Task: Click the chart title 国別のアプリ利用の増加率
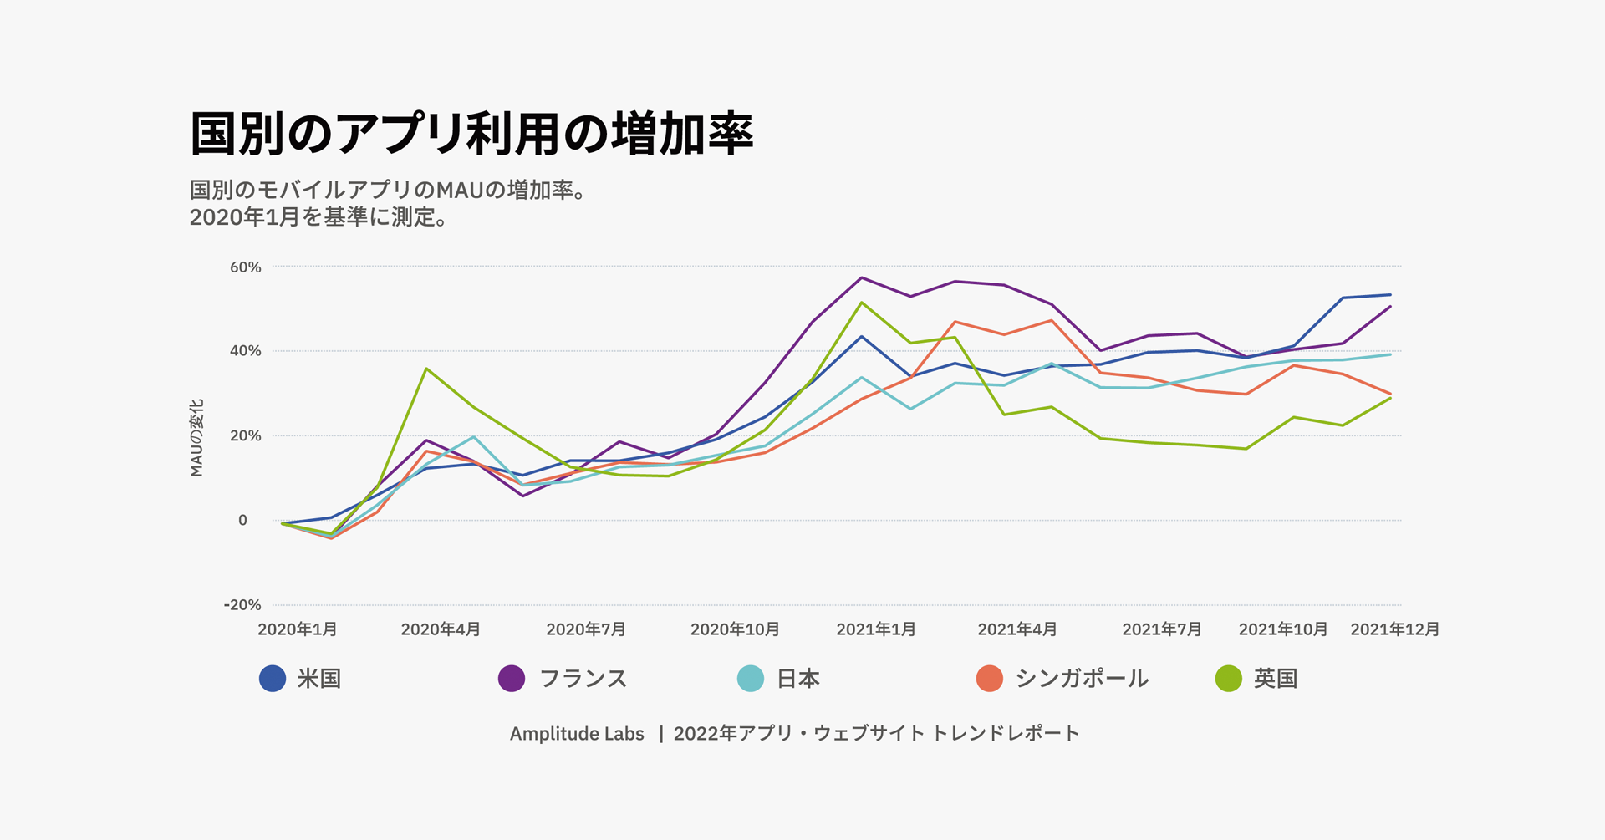tap(471, 135)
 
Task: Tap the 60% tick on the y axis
tap(246, 267)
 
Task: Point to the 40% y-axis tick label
tap(246, 351)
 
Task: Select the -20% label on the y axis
tap(242, 605)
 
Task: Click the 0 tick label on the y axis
tap(242, 520)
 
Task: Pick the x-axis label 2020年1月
tap(298, 629)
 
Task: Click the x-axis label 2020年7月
tap(586, 629)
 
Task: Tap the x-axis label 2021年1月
tap(876, 629)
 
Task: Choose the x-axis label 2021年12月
tap(1395, 629)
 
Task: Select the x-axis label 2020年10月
tap(735, 629)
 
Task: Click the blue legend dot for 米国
tap(273, 679)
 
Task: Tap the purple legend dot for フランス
tap(512, 679)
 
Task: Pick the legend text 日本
tap(798, 679)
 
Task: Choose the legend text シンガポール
tap(1082, 679)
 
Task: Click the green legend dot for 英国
tap(1229, 679)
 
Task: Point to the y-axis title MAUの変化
tap(197, 438)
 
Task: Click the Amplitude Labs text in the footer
tap(577, 734)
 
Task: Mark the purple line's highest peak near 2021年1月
tap(862, 277)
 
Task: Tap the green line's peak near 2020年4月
tap(426, 369)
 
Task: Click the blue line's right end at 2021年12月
tap(1391, 294)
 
